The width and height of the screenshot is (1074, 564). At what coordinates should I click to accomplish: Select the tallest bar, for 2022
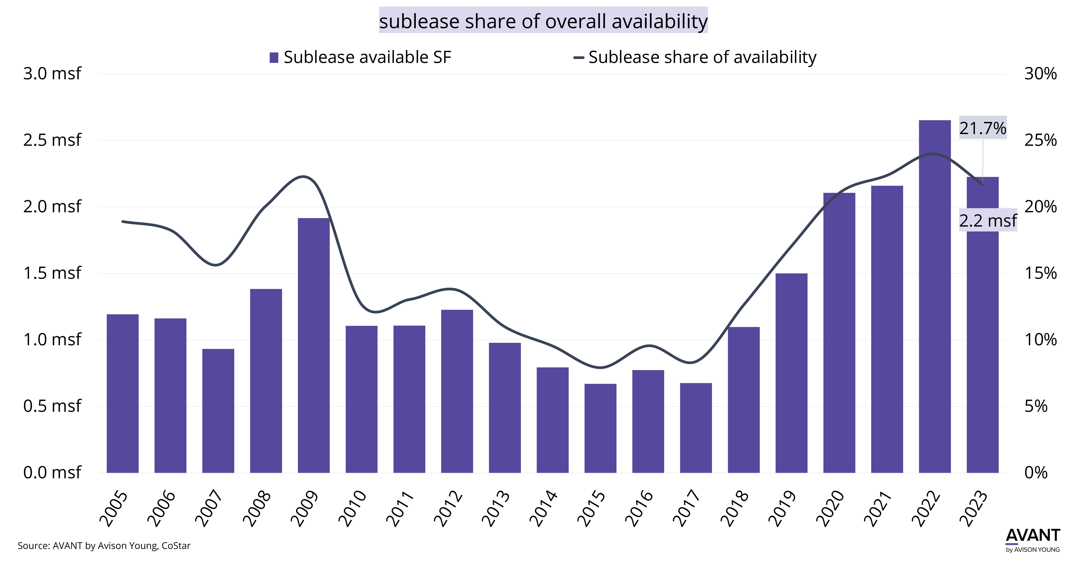935,296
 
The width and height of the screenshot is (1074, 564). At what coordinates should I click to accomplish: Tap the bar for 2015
600,428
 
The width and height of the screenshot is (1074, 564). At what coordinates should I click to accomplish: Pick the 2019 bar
791,373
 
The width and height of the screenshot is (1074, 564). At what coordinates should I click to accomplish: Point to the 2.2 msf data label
988,220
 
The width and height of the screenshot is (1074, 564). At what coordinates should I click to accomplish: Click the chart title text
543,21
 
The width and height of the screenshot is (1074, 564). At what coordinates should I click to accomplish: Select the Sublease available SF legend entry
360,57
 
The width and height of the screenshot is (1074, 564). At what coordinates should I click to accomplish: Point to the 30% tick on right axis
1040,74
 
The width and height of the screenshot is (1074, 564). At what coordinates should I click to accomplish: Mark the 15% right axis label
1040,273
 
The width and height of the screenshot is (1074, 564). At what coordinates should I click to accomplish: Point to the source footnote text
104,546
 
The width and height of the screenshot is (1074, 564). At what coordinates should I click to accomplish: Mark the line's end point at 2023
983,184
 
